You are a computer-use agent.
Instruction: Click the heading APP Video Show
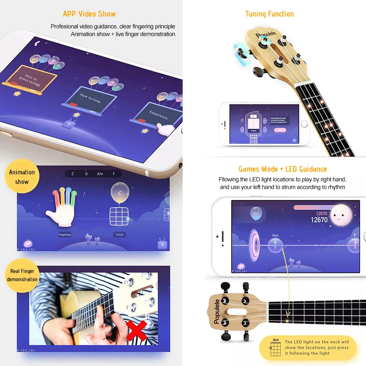(89, 14)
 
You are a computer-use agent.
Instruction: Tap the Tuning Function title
(269, 14)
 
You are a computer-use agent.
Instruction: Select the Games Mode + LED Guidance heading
(283, 169)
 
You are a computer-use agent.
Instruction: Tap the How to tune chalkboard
(90, 98)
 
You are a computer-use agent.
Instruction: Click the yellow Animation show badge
(22, 177)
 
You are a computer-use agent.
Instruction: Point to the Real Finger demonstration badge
(22, 275)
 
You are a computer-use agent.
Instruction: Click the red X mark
(136, 331)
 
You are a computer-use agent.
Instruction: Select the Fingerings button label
(65, 235)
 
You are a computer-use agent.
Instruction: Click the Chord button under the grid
(119, 235)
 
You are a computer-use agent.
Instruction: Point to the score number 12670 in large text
(319, 220)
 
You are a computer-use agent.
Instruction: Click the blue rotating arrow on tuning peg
(241, 53)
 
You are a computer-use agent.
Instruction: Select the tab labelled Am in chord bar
(100, 174)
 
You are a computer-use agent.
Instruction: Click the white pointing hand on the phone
(166, 130)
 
